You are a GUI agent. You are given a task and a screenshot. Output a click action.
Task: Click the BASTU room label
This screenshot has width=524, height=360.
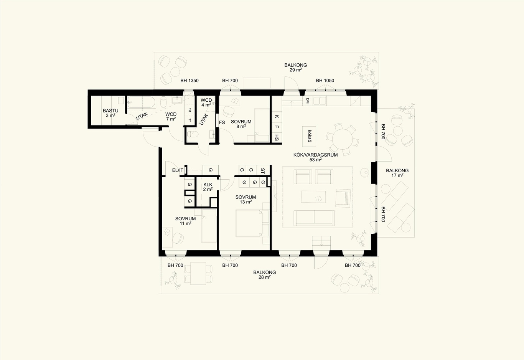[x=110, y=111]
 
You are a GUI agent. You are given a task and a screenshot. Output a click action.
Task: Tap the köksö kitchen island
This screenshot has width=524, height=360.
[x=309, y=137]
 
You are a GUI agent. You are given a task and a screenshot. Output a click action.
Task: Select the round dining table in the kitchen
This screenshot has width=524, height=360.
[x=343, y=139]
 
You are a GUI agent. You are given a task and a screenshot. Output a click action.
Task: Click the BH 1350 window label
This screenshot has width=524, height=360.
[x=189, y=81]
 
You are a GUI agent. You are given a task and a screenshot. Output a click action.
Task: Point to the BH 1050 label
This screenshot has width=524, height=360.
[x=325, y=81]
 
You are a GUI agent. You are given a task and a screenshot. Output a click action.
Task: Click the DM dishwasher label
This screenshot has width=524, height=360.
[x=308, y=101]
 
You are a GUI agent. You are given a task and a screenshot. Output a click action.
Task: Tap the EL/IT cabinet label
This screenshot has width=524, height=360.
[x=178, y=170]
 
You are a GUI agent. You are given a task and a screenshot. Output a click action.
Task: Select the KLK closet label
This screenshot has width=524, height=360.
[x=208, y=185]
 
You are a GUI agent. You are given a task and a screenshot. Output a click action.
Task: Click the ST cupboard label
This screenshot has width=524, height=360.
[x=262, y=171]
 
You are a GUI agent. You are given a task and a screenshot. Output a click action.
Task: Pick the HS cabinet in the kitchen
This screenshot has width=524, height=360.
[x=277, y=137]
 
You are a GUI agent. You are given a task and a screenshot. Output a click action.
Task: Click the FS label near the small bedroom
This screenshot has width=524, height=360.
[x=222, y=123]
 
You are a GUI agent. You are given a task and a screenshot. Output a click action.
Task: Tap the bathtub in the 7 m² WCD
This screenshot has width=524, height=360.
[x=141, y=102]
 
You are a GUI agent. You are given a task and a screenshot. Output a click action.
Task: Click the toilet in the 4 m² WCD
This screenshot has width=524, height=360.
[x=193, y=134]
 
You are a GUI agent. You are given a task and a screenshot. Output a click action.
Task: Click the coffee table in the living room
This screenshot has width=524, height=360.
[x=313, y=197]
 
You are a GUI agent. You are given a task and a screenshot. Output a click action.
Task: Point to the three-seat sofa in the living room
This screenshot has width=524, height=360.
[x=314, y=218]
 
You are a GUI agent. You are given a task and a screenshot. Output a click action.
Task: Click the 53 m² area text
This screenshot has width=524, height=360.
[x=315, y=160]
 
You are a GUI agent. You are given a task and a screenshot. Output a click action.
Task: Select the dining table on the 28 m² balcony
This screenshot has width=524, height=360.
[x=198, y=274]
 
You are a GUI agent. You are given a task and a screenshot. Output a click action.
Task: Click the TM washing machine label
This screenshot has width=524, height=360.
[x=190, y=110]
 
